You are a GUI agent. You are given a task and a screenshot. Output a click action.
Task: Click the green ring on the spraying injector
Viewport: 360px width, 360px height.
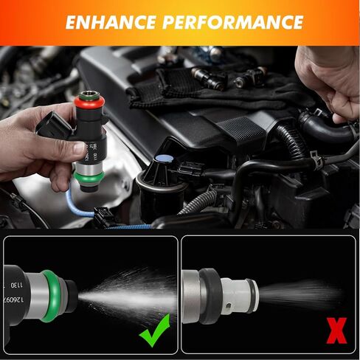tap(52, 291)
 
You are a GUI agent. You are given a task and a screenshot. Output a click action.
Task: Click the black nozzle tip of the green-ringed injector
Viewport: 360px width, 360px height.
tap(71, 294)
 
